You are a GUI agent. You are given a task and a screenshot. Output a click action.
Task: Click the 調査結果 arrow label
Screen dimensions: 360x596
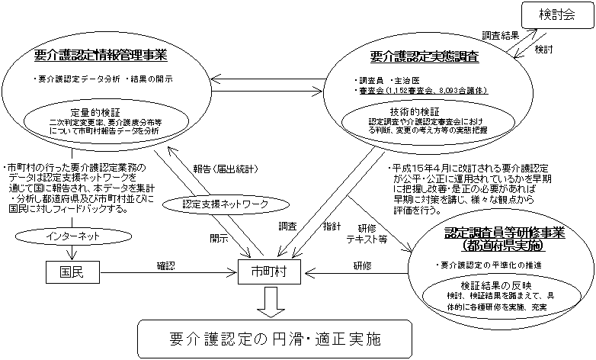500,35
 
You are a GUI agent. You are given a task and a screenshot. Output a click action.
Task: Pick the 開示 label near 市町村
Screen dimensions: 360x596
219,238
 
